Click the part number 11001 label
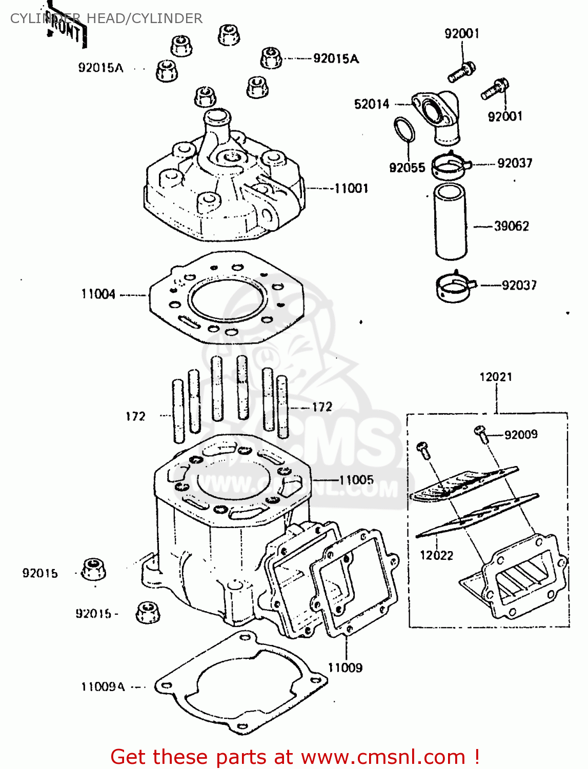tap(351, 189)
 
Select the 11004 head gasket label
tap(98, 294)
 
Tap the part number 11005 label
tap(356, 480)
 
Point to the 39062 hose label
tap(511, 226)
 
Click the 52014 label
tap(372, 104)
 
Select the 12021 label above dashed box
tap(496, 377)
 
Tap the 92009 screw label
tap(521, 435)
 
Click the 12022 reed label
tap(436, 555)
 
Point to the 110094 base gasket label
tap(103, 687)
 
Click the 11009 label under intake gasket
tap(345, 667)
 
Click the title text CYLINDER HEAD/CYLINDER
tap(106, 18)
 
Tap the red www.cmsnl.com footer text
tap(295, 757)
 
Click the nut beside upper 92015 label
tap(94, 569)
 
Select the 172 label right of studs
tap(322, 407)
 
